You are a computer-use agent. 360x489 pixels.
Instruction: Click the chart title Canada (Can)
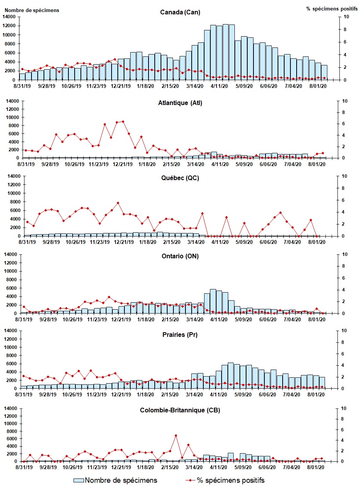(180, 12)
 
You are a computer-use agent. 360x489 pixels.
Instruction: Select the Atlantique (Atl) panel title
(180, 103)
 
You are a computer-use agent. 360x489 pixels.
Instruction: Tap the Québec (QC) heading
(180, 178)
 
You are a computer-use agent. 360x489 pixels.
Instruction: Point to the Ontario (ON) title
(180, 256)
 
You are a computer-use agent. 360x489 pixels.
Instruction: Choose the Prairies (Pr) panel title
(180, 335)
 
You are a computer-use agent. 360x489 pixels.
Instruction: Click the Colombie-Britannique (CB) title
(180, 410)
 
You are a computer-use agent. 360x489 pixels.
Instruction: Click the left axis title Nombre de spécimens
(32, 10)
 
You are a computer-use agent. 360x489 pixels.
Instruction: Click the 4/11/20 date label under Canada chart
(220, 86)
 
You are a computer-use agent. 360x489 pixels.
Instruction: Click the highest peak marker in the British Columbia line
(176, 435)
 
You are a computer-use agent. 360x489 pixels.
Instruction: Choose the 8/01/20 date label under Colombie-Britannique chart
(316, 467)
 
